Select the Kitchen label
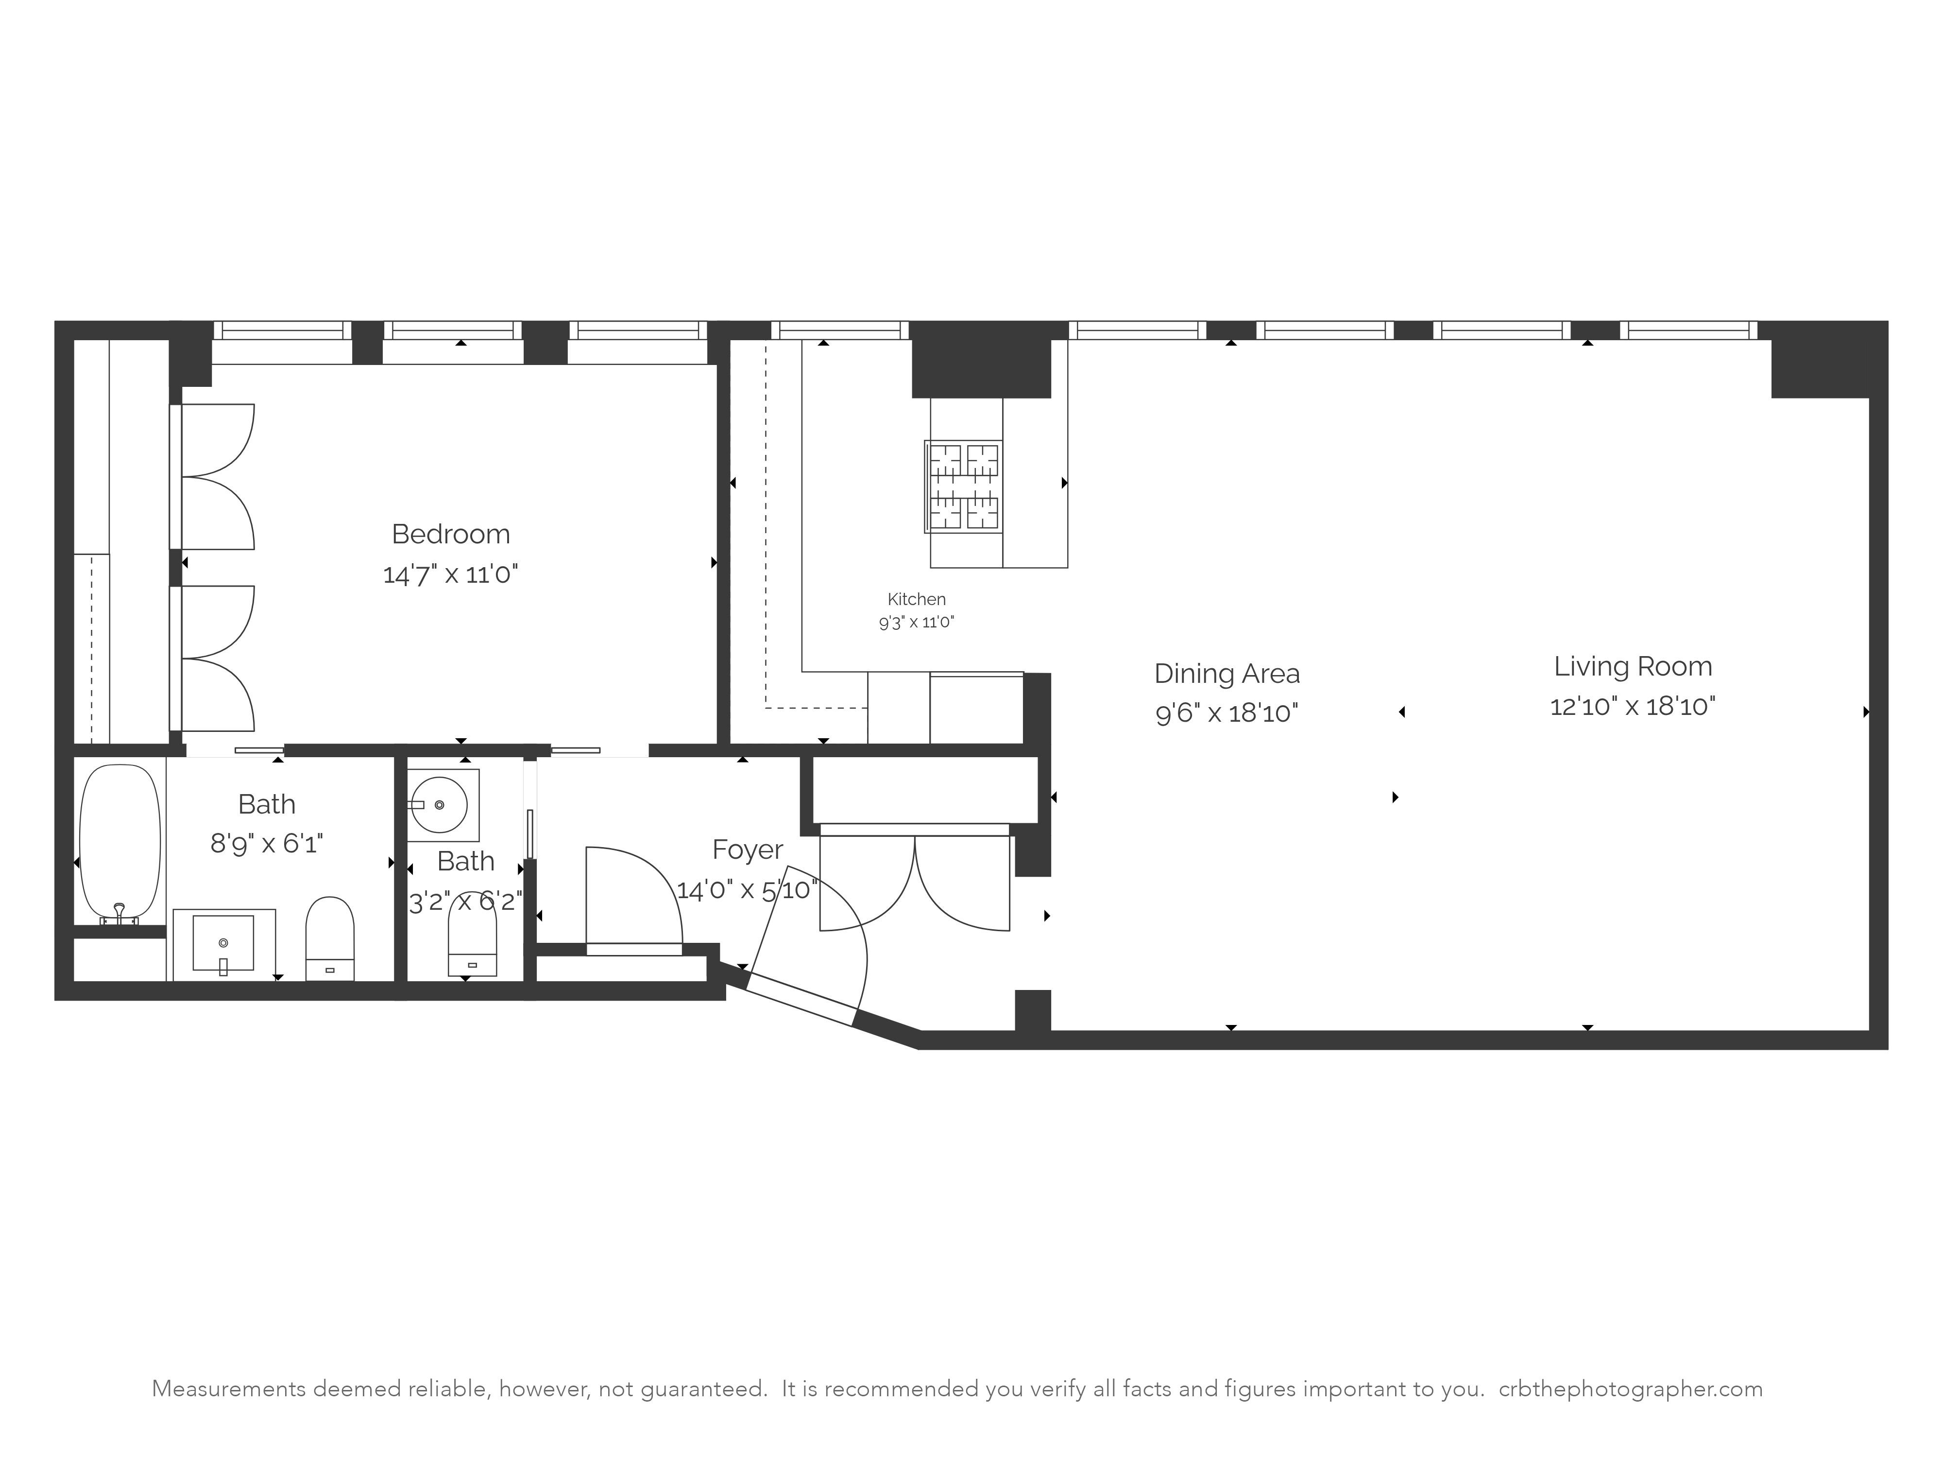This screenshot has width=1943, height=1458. pyautogui.click(x=916, y=599)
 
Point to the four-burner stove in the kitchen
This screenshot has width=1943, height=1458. pyautogui.click(x=964, y=486)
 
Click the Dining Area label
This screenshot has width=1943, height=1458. pyautogui.click(x=1226, y=674)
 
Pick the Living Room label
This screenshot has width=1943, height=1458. pyautogui.click(x=1632, y=666)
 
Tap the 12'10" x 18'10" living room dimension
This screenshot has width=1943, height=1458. pyautogui.click(x=1632, y=707)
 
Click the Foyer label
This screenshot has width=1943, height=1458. pyautogui.click(x=747, y=850)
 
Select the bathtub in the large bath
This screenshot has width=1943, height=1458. pyautogui.click(x=120, y=839)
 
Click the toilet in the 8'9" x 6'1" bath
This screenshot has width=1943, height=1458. pyautogui.click(x=329, y=937)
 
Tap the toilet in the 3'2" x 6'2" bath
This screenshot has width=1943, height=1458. pyautogui.click(x=472, y=937)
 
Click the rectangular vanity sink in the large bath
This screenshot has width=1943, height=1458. pyautogui.click(x=223, y=943)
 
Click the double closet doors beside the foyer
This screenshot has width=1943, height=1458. pyautogui.click(x=914, y=883)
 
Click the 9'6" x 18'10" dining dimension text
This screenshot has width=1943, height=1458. pyautogui.click(x=1226, y=713)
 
